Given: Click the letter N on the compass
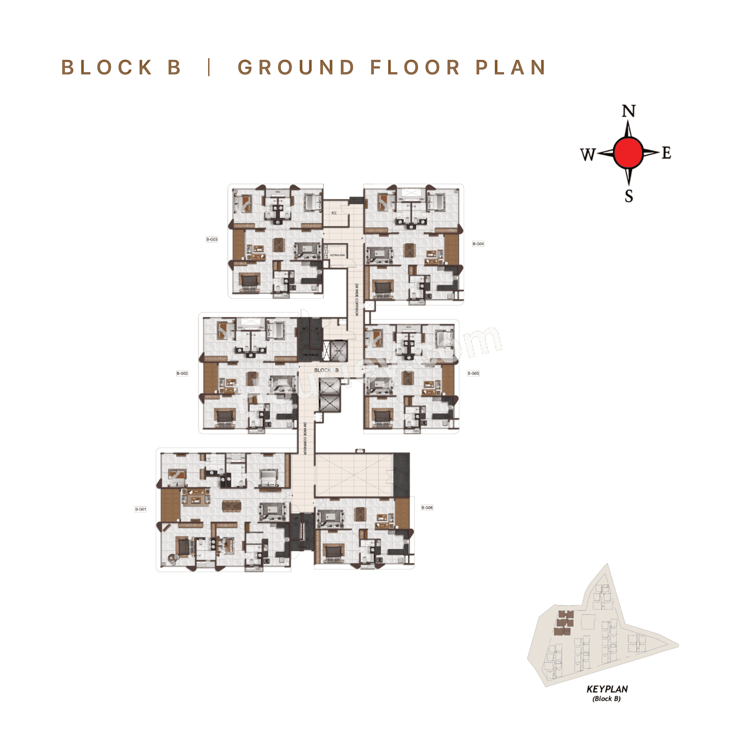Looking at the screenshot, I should tap(628, 111).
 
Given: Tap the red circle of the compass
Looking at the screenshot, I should tap(628, 153).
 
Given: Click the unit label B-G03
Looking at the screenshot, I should tap(212, 239).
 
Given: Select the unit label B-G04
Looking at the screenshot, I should tap(478, 244).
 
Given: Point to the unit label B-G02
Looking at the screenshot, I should tap(182, 374).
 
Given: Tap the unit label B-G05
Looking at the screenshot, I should tap(473, 374).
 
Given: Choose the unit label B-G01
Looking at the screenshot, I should tap(141, 509).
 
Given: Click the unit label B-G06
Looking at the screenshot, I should tap(427, 508).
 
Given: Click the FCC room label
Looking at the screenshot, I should tap(334, 213).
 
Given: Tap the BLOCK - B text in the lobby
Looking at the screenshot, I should tap(326, 370).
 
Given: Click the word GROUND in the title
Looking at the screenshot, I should tap(296, 68).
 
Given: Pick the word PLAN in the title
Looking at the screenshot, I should tap(511, 68).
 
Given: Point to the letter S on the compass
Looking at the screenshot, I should tap(629, 196).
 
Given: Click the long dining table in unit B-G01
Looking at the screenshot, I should tap(231, 506).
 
